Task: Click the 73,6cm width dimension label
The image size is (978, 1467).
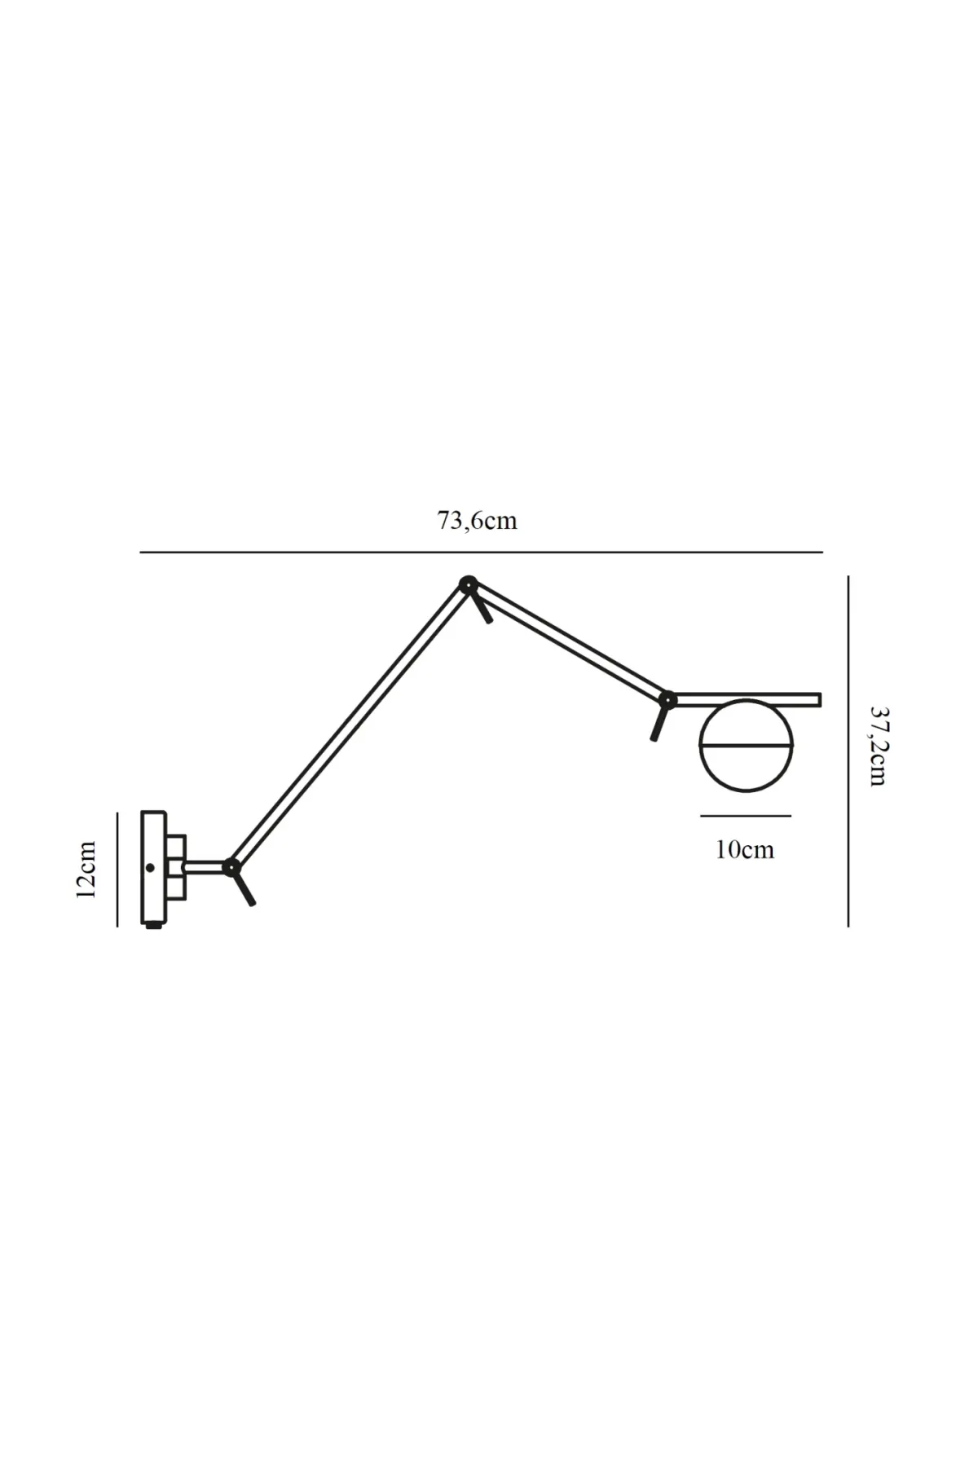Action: tap(477, 521)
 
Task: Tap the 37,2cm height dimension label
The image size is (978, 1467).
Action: tap(877, 746)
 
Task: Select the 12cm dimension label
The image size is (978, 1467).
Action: tap(86, 869)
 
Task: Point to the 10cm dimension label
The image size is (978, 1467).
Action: tap(745, 849)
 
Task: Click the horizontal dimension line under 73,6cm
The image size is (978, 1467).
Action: tap(481, 553)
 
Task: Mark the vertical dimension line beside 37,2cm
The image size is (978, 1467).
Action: tap(848, 751)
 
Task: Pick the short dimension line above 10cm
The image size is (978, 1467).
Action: tap(745, 815)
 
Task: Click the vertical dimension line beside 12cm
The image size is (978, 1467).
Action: tap(117, 869)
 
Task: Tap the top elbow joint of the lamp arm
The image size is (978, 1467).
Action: tap(468, 584)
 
